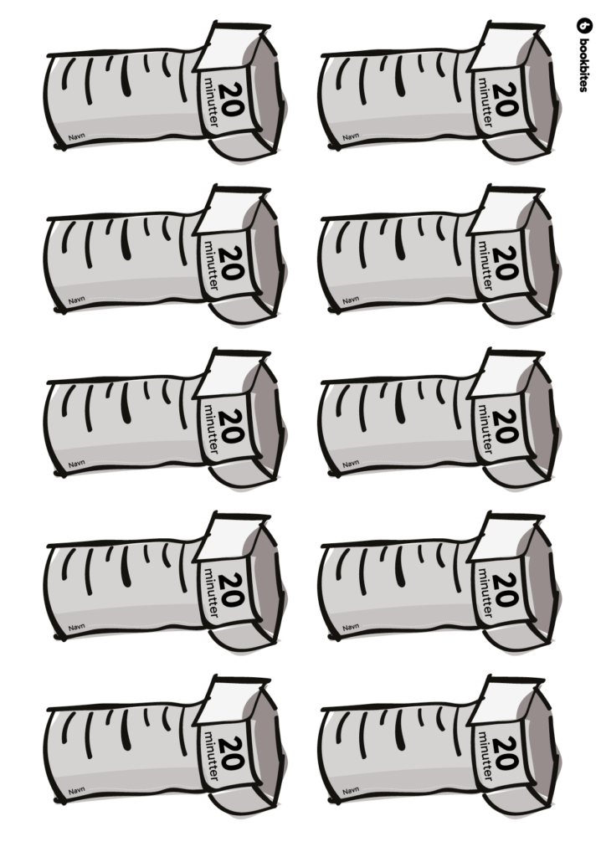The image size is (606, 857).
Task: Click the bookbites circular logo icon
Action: point(584,25)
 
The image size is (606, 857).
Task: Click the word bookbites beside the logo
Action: point(583,64)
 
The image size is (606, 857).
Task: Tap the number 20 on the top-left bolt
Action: point(232,99)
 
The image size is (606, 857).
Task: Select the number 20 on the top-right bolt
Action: point(506,99)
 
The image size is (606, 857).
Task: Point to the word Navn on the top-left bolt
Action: point(76,137)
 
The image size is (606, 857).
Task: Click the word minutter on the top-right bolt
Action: point(485,102)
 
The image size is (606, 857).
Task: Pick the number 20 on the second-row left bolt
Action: point(232,263)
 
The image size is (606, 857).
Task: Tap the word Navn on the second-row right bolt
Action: point(351,300)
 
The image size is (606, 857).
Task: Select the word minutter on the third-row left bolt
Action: point(211,429)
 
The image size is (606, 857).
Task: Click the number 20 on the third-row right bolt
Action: point(506,426)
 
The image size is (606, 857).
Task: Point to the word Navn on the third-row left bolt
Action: point(76,464)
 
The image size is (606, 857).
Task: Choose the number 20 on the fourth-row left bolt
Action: point(232,590)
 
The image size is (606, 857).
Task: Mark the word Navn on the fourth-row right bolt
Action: point(351,627)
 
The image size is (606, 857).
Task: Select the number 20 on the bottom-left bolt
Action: point(232,753)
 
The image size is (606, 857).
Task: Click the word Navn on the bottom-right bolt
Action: point(351,790)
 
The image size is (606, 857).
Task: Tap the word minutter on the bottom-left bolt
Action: point(211,757)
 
